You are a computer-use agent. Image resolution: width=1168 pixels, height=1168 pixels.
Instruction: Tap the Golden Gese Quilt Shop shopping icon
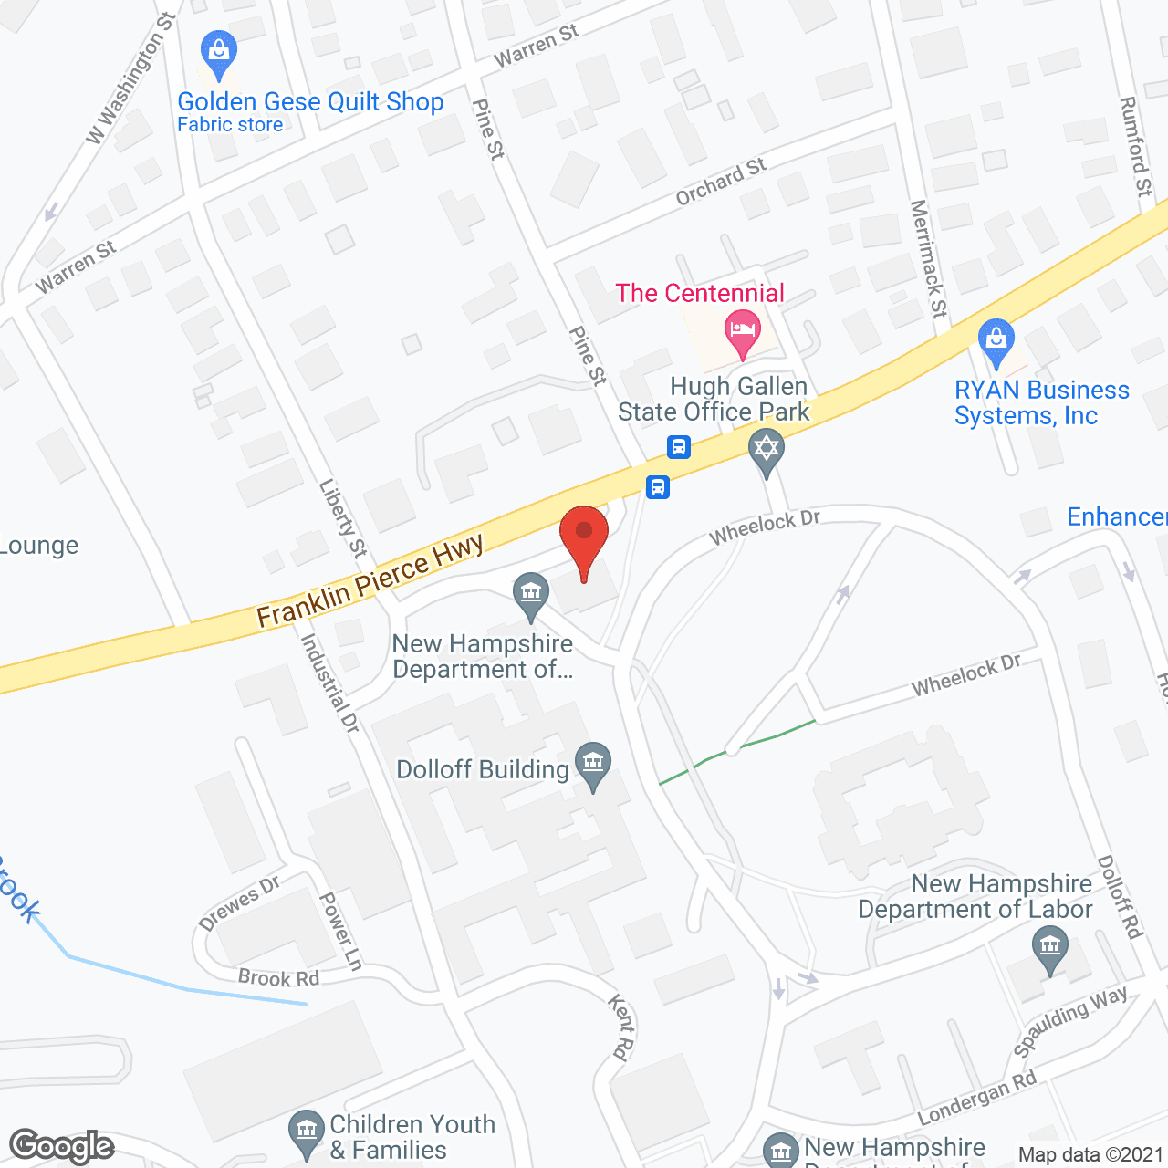219,54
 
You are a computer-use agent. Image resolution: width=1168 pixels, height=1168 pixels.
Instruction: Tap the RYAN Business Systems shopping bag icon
996,341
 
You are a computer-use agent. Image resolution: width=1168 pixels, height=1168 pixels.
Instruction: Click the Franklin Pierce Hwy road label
370,582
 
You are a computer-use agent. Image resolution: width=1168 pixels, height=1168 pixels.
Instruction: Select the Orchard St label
720,182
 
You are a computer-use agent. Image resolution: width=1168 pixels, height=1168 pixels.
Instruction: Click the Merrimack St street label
929,258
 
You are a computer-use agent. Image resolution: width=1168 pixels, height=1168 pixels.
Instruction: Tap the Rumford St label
1135,146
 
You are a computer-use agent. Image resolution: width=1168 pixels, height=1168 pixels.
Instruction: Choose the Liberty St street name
343,518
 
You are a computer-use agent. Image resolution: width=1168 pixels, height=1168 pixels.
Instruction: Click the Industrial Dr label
330,683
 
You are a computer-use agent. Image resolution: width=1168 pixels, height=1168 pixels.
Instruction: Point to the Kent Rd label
620,1027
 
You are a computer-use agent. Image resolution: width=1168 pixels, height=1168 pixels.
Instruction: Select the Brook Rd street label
278,978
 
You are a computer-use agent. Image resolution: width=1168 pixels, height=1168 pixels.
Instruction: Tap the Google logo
62,1146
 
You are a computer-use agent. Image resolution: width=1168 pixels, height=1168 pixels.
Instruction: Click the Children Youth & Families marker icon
306,1132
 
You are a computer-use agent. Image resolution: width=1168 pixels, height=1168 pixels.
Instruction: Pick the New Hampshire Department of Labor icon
1049,948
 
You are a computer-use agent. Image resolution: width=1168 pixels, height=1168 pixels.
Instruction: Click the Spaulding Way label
1070,1021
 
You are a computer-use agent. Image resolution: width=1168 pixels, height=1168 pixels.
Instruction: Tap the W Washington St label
129,78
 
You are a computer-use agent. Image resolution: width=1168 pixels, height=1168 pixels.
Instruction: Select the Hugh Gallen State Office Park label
714,400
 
